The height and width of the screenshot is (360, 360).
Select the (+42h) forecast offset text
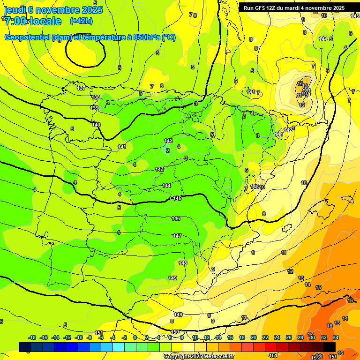point(81,21)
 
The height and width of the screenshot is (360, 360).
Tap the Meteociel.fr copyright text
point(199,357)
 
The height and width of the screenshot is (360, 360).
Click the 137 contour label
point(81,88)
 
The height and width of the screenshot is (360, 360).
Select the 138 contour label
point(96,97)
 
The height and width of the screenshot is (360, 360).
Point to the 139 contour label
point(94,108)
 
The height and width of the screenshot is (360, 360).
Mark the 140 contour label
point(96,125)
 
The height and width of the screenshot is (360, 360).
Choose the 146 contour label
point(176,218)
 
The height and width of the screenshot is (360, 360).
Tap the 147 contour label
point(177,236)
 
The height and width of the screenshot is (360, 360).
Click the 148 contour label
point(183,263)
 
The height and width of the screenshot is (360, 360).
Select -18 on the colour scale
point(32,337)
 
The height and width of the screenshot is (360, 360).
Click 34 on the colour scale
point(336,337)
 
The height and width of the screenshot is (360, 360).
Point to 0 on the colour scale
point(135,337)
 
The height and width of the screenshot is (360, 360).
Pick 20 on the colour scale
point(254,337)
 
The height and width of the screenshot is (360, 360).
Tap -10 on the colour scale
point(78,337)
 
